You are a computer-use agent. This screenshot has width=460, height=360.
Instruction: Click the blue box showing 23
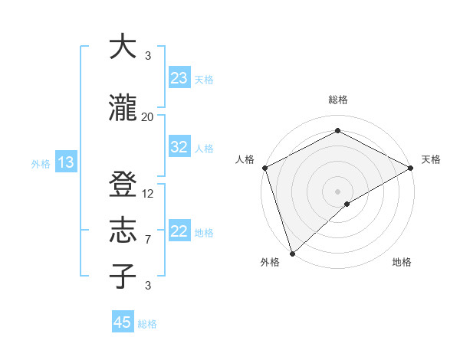tap(179, 78)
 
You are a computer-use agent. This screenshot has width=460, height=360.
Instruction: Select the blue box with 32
tap(179, 147)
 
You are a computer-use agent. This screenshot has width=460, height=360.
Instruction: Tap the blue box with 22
tap(179, 231)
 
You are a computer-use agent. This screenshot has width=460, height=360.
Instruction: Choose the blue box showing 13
tap(65, 162)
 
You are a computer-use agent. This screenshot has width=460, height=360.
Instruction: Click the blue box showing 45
tap(123, 322)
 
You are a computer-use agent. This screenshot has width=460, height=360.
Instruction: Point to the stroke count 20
tap(148, 116)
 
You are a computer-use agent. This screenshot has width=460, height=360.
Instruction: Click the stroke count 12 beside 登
tap(148, 194)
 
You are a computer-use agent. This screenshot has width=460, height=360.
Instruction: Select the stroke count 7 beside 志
tap(148, 240)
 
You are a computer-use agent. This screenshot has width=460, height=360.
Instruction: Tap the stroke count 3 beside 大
tap(148, 56)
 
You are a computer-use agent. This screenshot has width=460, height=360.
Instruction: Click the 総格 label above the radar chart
tap(337, 100)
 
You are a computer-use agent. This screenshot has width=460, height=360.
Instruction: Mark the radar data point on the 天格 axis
tap(411, 168)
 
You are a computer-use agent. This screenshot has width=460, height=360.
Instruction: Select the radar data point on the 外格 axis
tap(292, 253)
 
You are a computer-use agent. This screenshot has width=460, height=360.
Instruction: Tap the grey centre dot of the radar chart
tap(337, 191)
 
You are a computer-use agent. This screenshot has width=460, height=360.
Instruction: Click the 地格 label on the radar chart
tap(402, 263)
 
